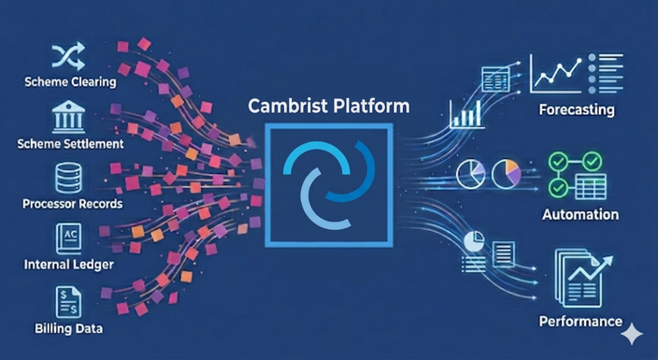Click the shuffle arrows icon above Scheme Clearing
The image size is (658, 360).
point(68,56)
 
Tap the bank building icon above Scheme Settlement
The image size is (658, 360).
point(68,116)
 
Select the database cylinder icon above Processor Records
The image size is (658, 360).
point(68,178)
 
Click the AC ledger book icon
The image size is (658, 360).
point(68,239)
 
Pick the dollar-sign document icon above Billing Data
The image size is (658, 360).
point(68,302)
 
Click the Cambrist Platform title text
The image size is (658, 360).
point(329,106)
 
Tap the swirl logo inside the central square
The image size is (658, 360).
point(329,185)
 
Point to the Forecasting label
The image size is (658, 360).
point(576,110)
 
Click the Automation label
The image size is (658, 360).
point(580,214)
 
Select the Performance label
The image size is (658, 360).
point(581,321)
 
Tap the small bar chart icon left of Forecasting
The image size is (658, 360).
point(467,114)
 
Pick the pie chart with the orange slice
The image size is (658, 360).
point(506,174)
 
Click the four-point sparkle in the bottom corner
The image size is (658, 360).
point(632,334)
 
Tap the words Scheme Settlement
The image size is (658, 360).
point(71,144)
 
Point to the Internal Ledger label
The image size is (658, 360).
point(69,265)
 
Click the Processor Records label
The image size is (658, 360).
point(73,204)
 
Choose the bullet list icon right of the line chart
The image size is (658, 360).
point(606,73)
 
